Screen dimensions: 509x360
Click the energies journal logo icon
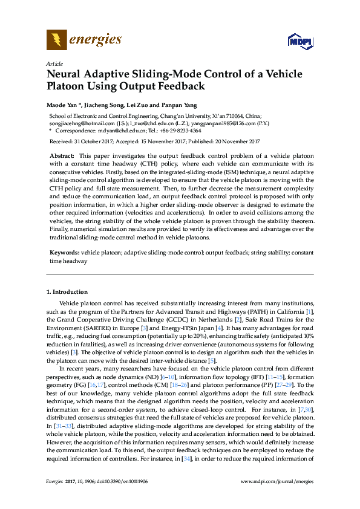pyautogui.click(x=56, y=41)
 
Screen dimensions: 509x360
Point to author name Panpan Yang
pyautogui.click(x=174, y=105)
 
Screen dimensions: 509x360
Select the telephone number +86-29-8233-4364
pyautogui.click(x=180, y=130)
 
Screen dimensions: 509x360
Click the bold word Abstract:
pyautogui.click(x=62, y=156)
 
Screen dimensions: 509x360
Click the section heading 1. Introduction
pyautogui.click(x=67, y=292)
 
